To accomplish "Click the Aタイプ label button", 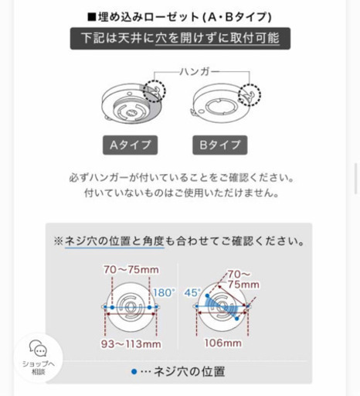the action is click(x=130, y=145).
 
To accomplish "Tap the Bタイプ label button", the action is click(x=220, y=145).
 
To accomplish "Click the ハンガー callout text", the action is click(x=199, y=71).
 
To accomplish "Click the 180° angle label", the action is click(x=164, y=293).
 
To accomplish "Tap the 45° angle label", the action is click(x=192, y=293).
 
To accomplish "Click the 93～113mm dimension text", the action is click(x=131, y=344).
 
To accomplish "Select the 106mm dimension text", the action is click(x=223, y=343).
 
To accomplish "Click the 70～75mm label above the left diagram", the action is click(x=131, y=270).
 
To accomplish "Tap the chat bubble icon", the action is click(x=38, y=348).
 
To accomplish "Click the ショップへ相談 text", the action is click(x=39, y=368).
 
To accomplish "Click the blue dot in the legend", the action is click(x=134, y=372).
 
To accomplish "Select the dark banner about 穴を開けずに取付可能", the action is click(x=180, y=39).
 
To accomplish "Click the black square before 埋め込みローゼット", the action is click(x=91, y=18).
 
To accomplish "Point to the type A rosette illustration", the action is click(x=131, y=103).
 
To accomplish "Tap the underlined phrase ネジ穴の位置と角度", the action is click(x=114, y=241).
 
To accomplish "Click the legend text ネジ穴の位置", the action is click(x=189, y=372).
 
